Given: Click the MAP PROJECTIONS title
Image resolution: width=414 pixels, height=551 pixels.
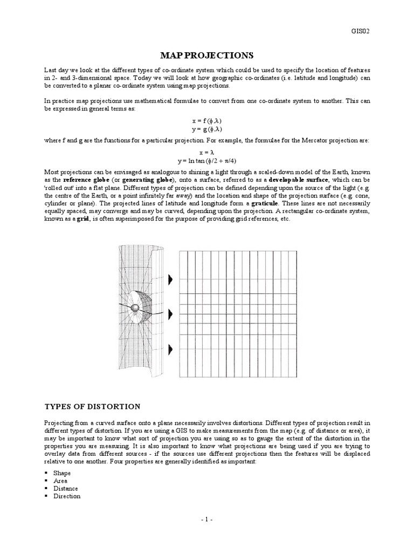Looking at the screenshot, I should [207, 55].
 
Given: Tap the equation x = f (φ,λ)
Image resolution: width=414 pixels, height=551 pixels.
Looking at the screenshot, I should [207, 122].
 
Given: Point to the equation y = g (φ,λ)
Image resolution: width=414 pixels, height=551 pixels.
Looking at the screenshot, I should [207, 130].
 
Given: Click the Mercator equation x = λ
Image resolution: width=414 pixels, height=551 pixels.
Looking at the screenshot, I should [207, 153].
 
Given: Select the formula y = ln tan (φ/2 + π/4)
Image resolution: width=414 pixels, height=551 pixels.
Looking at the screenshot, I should [207, 161].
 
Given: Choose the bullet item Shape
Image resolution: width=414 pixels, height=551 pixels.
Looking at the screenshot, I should [62, 473].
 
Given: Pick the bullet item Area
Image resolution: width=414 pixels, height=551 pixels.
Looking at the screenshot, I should [60, 481].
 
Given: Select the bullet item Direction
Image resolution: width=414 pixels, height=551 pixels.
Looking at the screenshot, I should [67, 496].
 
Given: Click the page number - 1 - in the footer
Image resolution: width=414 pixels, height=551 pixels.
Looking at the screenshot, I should [207, 520].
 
